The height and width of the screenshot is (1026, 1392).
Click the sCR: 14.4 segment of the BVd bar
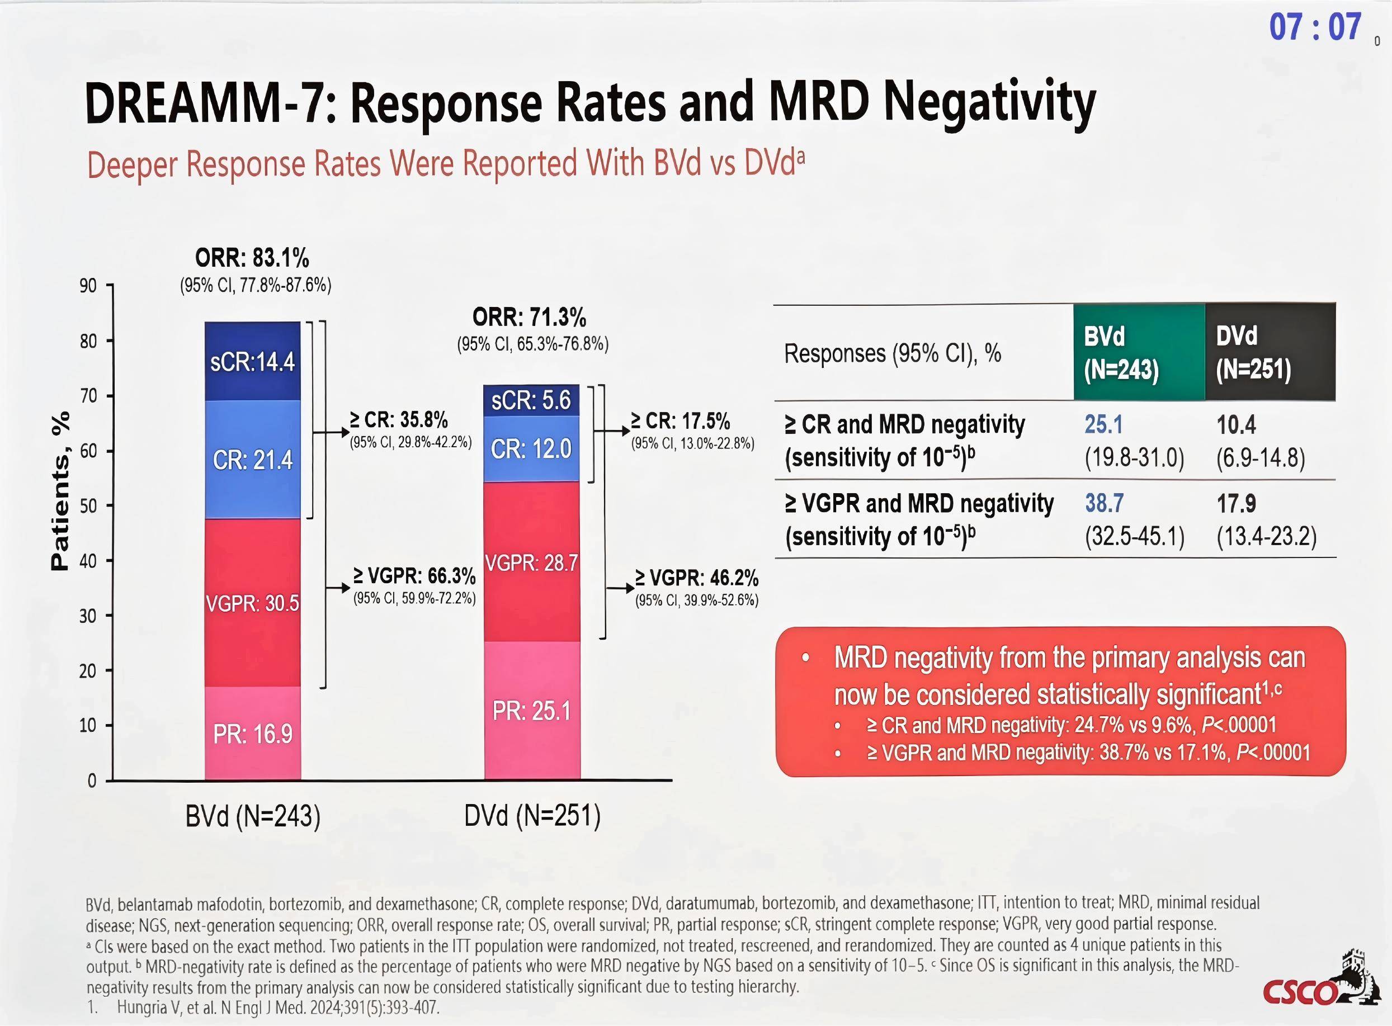point(252,361)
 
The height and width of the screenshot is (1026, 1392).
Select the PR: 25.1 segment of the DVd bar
point(531,711)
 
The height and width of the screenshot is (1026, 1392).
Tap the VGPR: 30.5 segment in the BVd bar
point(252,602)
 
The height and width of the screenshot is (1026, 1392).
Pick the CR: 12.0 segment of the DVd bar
point(531,448)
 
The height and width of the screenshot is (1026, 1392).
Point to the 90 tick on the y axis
point(88,286)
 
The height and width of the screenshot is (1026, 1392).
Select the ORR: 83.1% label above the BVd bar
point(252,257)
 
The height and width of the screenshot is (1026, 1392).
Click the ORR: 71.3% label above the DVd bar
point(529,318)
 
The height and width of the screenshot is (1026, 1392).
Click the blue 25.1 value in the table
point(1103,425)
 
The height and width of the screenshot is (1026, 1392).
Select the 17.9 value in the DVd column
point(1236,504)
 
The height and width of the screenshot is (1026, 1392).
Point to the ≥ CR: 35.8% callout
point(399,420)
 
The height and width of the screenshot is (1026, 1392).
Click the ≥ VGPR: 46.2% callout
point(696,579)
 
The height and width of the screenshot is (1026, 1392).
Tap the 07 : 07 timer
point(1315,27)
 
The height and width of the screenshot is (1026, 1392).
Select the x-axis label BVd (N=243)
point(253,816)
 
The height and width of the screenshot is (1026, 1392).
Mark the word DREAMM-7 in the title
point(205,103)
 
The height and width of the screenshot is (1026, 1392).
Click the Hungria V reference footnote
point(277,1008)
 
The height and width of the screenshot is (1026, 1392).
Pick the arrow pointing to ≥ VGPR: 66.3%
point(339,588)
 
